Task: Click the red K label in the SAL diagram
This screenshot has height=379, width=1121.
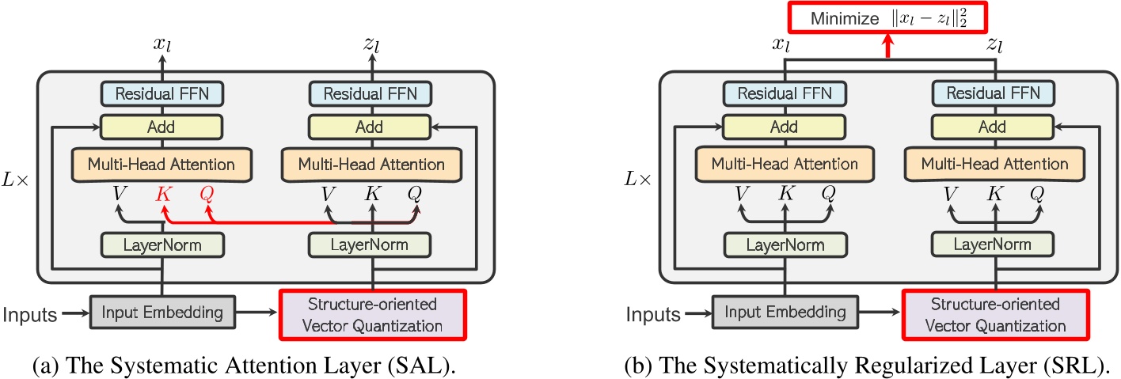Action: coord(163,194)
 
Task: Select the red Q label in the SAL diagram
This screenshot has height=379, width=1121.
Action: coord(207,194)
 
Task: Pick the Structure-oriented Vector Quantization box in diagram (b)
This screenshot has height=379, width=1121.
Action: coord(994,313)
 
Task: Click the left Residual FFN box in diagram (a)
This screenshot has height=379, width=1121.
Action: coord(162,93)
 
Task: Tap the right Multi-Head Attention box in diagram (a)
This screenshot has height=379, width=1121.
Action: coord(371,165)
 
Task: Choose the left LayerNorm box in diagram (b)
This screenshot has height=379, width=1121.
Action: coord(785,245)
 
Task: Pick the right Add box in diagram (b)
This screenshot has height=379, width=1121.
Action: coord(994,127)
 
